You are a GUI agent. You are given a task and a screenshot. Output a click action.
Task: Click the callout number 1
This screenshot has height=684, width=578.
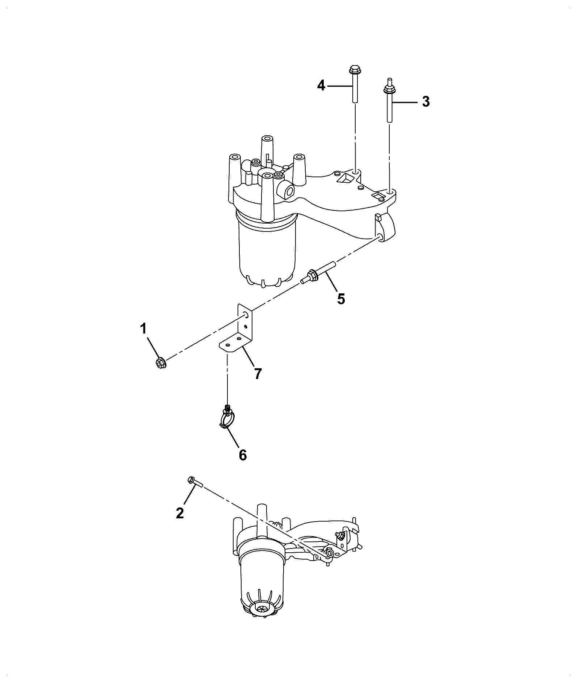pyautogui.click(x=143, y=329)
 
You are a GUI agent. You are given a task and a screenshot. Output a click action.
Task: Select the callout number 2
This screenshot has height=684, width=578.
pyautogui.click(x=180, y=513)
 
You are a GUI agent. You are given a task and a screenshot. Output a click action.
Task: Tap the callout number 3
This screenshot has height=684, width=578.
pyautogui.click(x=426, y=102)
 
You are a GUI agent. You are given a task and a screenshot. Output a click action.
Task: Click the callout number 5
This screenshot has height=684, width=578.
pyautogui.click(x=341, y=299)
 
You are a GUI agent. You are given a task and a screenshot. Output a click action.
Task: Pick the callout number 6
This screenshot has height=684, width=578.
pyautogui.click(x=243, y=455)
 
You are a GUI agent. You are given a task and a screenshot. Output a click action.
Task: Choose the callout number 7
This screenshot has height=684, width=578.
pyautogui.click(x=257, y=374)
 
